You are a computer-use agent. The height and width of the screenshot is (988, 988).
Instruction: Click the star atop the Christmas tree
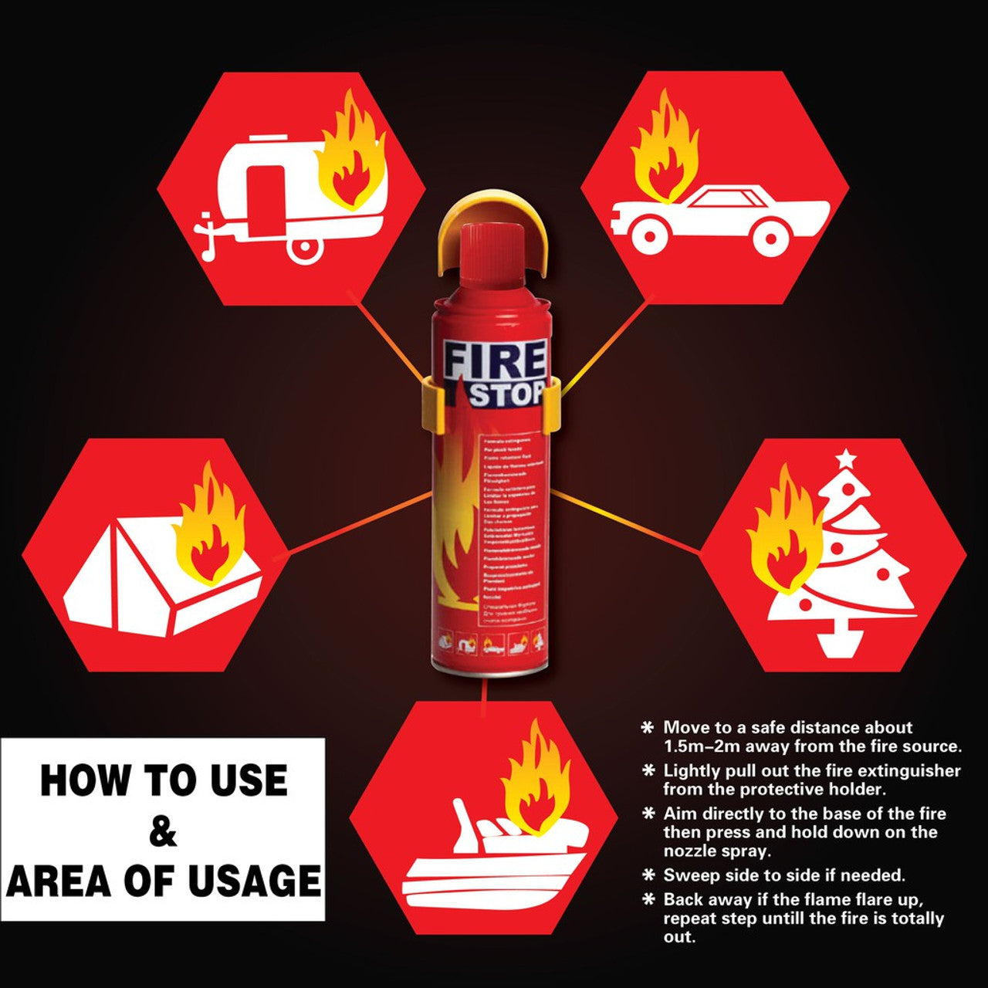pyautogui.click(x=847, y=458)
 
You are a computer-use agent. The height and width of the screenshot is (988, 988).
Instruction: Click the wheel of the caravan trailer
pyautogui.click(x=305, y=247)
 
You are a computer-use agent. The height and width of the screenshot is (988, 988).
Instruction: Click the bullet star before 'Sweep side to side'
pyautogui.click(x=648, y=875)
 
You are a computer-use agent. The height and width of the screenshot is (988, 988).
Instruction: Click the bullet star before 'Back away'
pyautogui.click(x=648, y=899)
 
